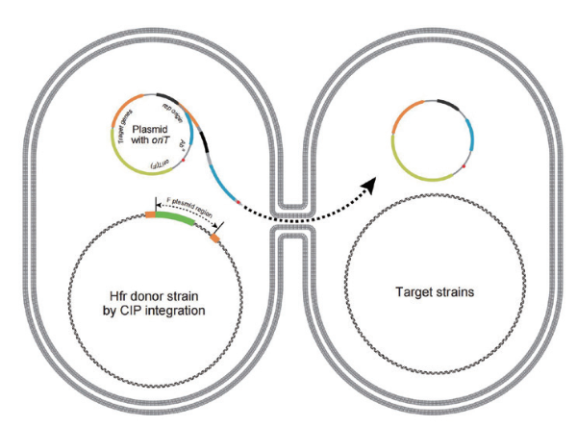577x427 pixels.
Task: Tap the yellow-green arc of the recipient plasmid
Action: [414, 169]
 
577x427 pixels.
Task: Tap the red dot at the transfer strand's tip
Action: [237, 204]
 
